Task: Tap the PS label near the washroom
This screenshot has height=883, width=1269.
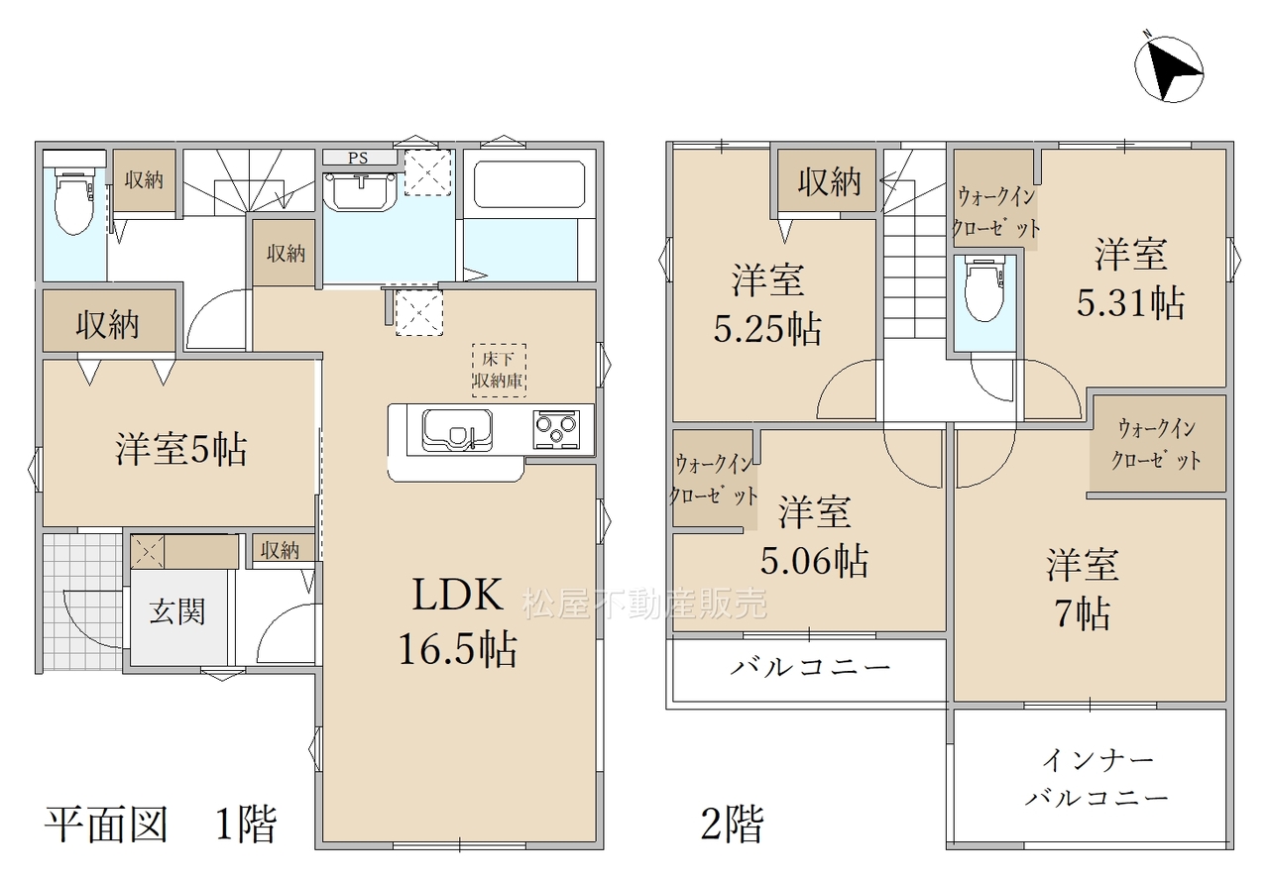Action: click(x=358, y=158)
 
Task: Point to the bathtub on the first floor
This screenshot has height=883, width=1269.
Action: click(x=529, y=184)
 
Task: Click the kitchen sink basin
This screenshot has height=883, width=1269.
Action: click(x=457, y=430)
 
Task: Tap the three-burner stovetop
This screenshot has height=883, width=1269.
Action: click(x=556, y=429)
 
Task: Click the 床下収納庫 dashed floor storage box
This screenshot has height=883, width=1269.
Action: click(x=499, y=370)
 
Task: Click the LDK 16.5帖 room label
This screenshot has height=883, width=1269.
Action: click(x=458, y=621)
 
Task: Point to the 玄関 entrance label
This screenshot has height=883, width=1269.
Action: click(x=176, y=612)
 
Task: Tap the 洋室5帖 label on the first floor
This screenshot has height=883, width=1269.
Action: click(x=181, y=449)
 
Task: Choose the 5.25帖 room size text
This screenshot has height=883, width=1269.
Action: click(x=767, y=328)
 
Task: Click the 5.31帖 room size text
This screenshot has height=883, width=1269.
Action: click(x=1130, y=302)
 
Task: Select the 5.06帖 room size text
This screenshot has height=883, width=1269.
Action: click(x=814, y=560)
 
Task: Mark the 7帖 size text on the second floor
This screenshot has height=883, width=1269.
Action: click(x=1082, y=613)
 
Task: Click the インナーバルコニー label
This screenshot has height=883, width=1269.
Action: click(x=1096, y=779)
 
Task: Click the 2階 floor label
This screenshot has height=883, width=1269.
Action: click(x=732, y=825)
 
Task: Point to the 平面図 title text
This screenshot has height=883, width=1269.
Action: click(x=106, y=825)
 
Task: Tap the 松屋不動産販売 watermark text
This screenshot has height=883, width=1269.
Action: click(x=644, y=604)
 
